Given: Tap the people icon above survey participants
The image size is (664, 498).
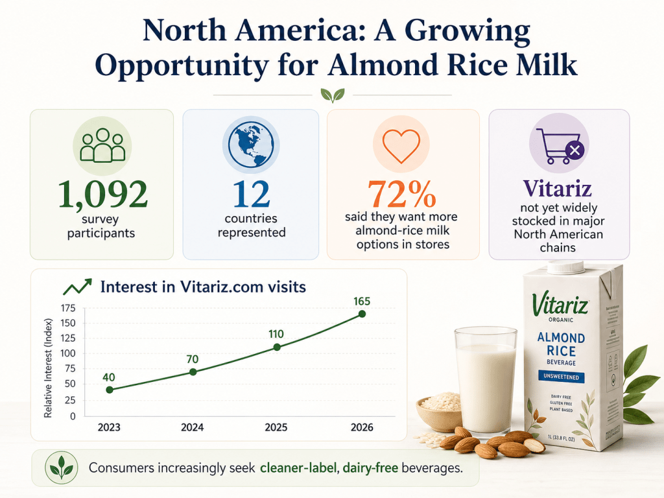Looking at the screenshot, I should click(102, 145).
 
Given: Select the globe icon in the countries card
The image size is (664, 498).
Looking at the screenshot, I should click(250, 145).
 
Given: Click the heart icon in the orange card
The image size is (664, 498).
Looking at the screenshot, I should click(402, 145).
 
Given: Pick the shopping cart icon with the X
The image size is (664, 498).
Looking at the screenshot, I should click(558, 146).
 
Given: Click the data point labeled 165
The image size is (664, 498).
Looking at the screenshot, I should click(362, 314).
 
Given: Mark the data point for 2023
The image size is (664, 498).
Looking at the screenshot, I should click(109, 390).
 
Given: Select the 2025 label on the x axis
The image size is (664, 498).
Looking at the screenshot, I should click(277, 428).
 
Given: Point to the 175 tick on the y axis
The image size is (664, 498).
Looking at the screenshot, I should click(67, 308).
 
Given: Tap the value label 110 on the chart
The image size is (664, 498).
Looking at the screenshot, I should click(277, 334).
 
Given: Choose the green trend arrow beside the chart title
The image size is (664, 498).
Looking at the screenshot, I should click(77, 287).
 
